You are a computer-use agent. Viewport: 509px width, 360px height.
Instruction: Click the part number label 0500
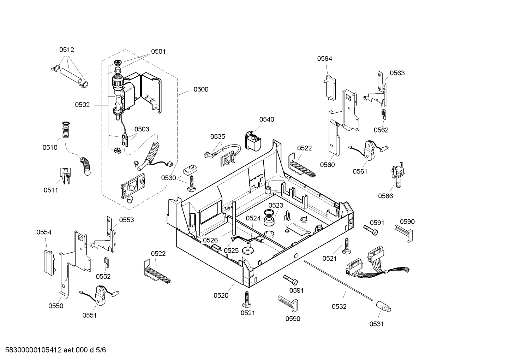[x=201, y=89]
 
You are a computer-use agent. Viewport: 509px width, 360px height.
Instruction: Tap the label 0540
[x=267, y=119]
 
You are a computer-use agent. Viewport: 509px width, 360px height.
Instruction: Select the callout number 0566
[x=385, y=196]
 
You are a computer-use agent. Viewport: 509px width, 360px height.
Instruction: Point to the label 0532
[x=339, y=307]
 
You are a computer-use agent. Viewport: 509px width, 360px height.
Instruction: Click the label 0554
[x=44, y=232]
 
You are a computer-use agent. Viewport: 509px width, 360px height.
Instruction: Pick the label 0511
[x=51, y=190]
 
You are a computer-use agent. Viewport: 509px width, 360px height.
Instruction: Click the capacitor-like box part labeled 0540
[x=253, y=141]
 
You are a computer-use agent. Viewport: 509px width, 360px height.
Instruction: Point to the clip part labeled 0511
[x=65, y=176]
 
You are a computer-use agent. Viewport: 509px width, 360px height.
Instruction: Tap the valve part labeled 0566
[x=398, y=175]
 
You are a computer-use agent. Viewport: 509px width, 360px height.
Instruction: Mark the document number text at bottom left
[x=56, y=350]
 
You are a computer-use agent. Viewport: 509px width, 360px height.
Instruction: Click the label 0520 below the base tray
[x=221, y=295]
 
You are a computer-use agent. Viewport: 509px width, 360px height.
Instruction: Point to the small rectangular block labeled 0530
[x=190, y=170]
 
